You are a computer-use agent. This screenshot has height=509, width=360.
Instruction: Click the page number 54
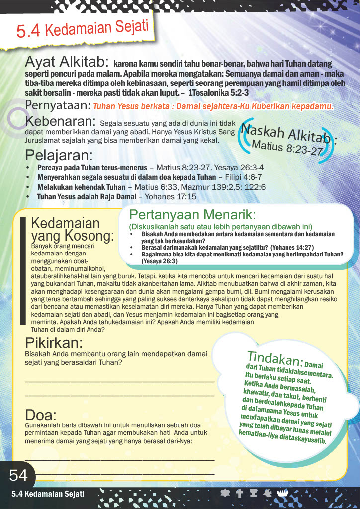point(18,476)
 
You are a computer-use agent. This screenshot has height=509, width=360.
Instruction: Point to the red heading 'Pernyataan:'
point(58,105)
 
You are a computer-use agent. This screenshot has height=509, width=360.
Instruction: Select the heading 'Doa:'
point(41,416)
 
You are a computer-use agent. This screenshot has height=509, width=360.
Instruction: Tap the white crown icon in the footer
point(281,493)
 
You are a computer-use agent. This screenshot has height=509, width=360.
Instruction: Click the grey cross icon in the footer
point(239,493)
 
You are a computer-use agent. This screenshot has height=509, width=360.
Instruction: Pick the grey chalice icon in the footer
point(253,493)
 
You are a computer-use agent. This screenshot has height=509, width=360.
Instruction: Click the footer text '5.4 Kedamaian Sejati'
point(48,494)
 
